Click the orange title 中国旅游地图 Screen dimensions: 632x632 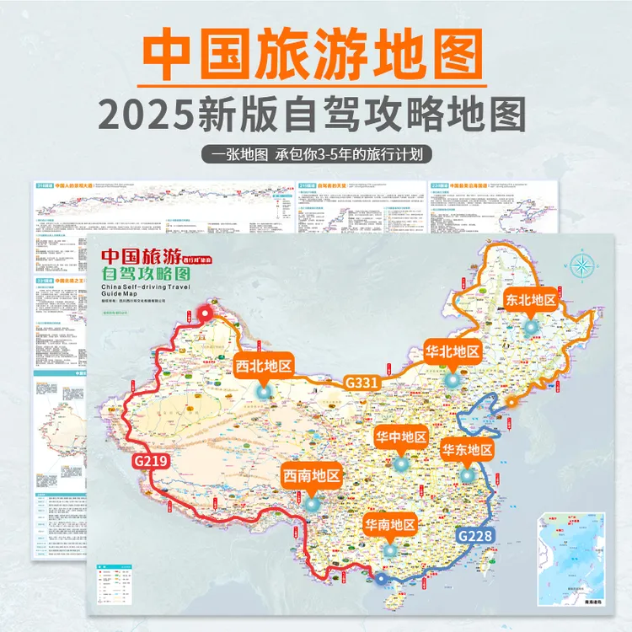tap(316, 56)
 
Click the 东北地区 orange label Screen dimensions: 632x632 tap(532, 300)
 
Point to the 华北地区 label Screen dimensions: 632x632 tap(453, 351)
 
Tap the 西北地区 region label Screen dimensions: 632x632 tap(263, 366)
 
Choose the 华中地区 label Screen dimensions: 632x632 tap(401, 437)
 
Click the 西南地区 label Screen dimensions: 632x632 tap(312, 476)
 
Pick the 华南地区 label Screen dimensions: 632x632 tap(390, 524)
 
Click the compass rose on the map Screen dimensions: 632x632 tap(582, 265)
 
